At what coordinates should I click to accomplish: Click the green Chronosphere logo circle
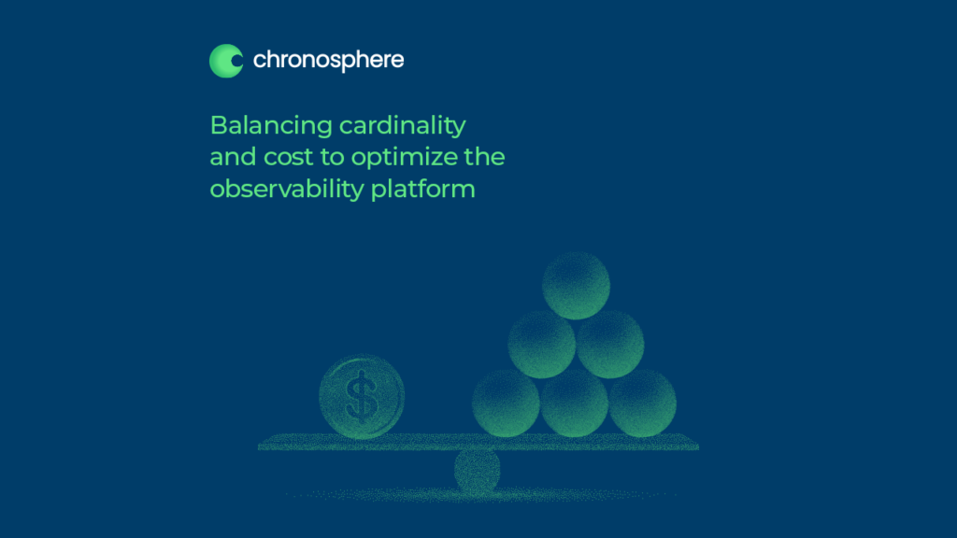[x=226, y=61]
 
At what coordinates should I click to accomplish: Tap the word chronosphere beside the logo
[x=328, y=61]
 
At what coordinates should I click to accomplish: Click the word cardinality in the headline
[x=402, y=126]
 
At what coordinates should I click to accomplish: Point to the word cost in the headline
[x=288, y=157]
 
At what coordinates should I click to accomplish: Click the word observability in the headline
[x=287, y=190]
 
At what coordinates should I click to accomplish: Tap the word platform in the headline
[x=423, y=190]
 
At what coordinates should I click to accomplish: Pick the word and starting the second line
[x=233, y=157]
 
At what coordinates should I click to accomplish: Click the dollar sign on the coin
[x=362, y=397]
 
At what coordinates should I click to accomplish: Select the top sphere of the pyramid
[x=576, y=286]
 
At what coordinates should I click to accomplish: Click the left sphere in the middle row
[x=541, y=344]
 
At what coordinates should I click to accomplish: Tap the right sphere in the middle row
[x=609, y=344]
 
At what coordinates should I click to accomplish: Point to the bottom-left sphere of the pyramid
[x=506, y=403]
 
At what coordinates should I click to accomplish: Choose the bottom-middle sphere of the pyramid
[x=575, y=403]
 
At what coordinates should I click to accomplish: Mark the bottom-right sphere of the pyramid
[x=643, y=403]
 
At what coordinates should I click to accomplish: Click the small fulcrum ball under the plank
[x=478, y=471]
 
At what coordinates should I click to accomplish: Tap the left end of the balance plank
[x=259, y=444]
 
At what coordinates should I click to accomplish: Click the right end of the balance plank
[x=697, y=444]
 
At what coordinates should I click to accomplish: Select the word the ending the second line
[x=485, y=157]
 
